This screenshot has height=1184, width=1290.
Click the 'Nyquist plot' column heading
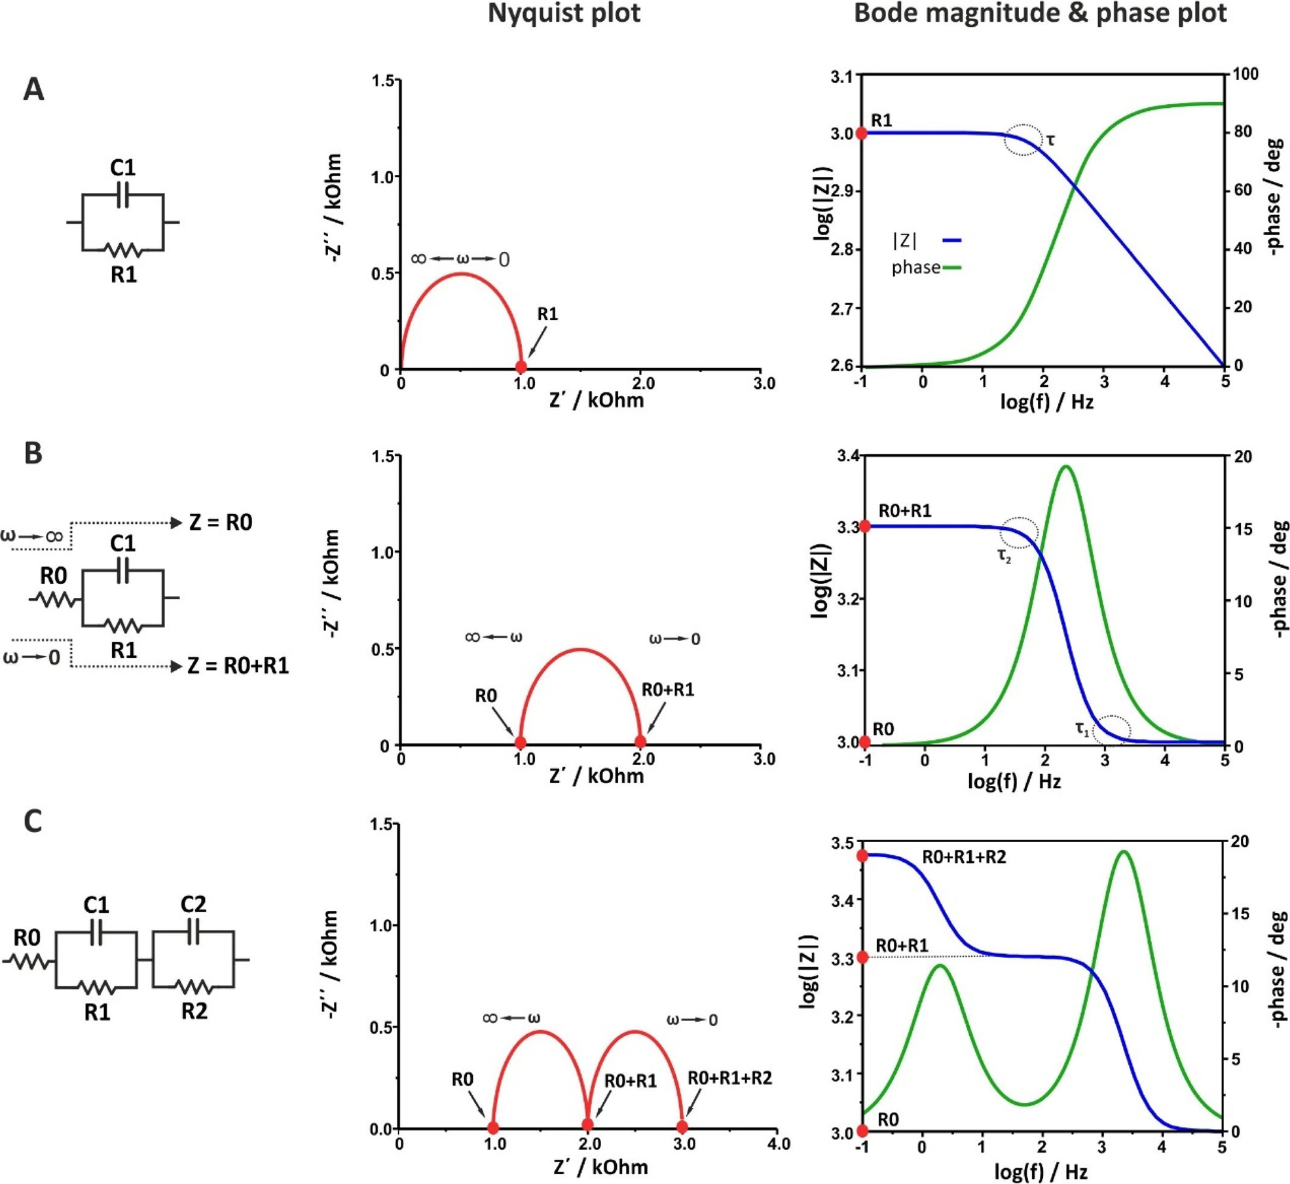pyautogui.click(x=564, y=14)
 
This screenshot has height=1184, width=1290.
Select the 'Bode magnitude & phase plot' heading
pyautogui.click(x=1040, y=14)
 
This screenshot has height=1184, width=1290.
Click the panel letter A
pyautogui.click(x=33, y=89)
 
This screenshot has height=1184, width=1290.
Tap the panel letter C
pyautogui.click(x=33, y=821)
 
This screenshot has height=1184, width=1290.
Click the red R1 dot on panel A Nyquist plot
pyautogui.click(x=521, y=367)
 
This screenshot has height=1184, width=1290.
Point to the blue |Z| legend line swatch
pyautogui.click(x=951, y=240)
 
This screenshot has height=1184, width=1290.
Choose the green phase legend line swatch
pyautogui.click(x=951, y=267)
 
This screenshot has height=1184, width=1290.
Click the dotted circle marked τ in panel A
pyautogui.click(x=1023, y=139)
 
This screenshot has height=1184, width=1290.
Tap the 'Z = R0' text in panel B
pyautogui.click(x=221, y=522)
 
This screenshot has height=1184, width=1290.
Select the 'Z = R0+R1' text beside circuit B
pyautogui.click(x=238, y=665)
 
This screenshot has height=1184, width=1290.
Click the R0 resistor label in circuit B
pyautogui.click(x=54, y=576)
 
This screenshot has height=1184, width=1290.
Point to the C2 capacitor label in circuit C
pyautogui.click(x=193, y=904)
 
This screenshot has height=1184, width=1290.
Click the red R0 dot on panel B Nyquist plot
pyautogui.click(x=521, y=743)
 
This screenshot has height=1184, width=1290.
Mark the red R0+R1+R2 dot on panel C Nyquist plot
pyautogui.click(x=682, y=1127)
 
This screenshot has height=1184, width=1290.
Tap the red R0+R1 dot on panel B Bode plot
pyautogui.click(x=865, y=526)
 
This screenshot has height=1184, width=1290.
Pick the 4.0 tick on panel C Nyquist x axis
pyautogui.click(x=778, y=1144)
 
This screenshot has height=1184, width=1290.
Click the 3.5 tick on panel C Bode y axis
pyautogui.click(x=842, y=843)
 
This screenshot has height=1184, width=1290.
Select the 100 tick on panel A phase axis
pyautogui.click(x=1245, y=74)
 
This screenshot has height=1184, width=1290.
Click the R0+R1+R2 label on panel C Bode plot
pyautogui.click(x=964, y=857)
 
